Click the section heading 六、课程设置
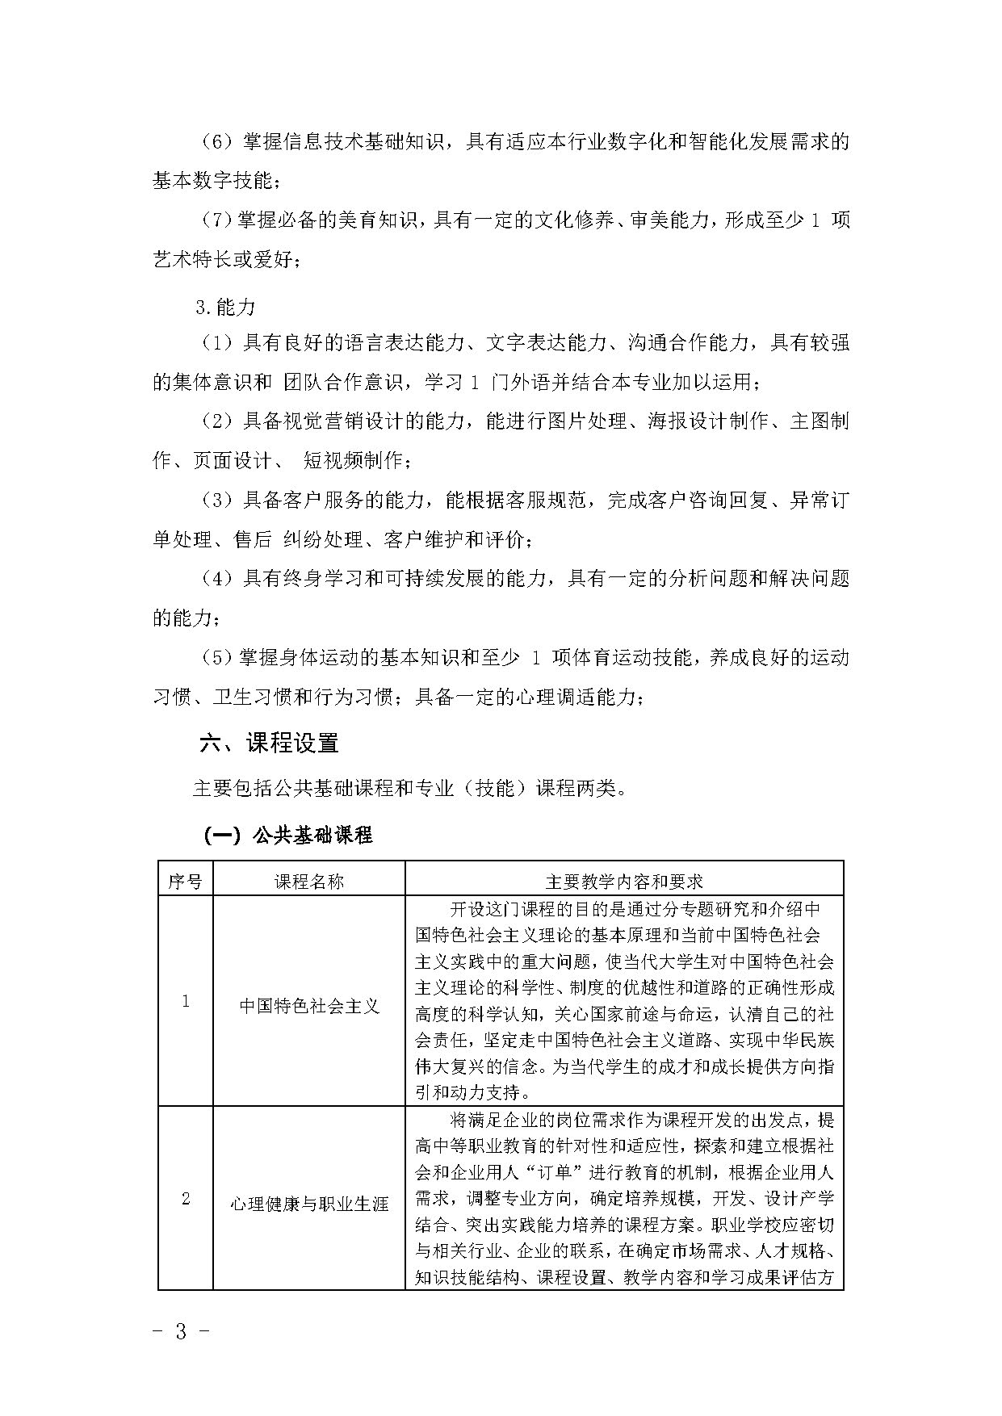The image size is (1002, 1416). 269,743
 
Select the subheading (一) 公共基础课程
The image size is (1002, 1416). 287,835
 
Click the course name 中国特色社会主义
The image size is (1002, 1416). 309,1006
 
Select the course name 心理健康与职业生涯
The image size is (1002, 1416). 309,1204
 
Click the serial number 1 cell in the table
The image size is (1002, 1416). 186,1001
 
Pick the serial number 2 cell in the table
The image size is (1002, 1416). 186,1198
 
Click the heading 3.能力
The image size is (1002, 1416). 225,307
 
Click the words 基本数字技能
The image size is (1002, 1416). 213,181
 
